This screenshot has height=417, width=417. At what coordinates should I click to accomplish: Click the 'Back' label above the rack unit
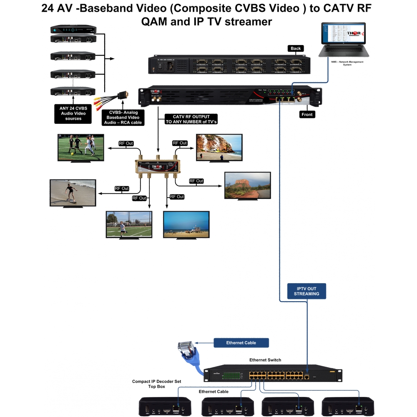coord(296,48)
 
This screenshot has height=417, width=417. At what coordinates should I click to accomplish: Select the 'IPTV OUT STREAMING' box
coord(306,291)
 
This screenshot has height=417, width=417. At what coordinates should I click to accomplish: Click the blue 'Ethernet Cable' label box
coord(241,343)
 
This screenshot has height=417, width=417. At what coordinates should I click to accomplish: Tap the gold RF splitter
coord(158,166)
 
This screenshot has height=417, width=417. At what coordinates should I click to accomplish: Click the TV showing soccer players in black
coord(80,147)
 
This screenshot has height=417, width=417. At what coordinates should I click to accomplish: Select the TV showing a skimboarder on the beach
coord(73,193)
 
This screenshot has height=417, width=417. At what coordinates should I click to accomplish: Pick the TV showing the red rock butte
coord(247,185)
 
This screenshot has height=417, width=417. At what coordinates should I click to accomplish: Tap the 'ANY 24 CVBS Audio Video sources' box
coord(73,113)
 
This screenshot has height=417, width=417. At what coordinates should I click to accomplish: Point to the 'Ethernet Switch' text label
coord(265,360)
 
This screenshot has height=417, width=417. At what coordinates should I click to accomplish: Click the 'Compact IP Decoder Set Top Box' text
coord(157,384)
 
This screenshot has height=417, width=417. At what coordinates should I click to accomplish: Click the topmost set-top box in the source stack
coord(73,30)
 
